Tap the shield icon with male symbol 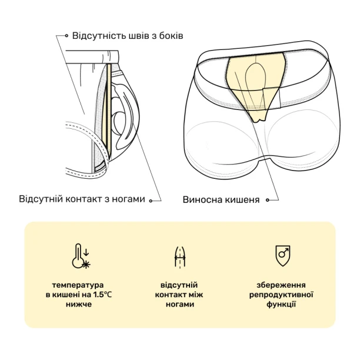tap(282, 256)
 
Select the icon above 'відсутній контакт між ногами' tap(180, 256)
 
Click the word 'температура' tap(78, 285)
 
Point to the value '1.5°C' tap(102, 295)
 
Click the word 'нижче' tap(78, 304)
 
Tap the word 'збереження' tap(281, 285)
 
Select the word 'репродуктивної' tap(281, 295)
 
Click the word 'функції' tap(281, 304)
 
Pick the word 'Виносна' tap(202, 199)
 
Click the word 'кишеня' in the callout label tap(242, 200)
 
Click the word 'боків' tap(171, 36)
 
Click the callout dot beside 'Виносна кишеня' tap(267, 200)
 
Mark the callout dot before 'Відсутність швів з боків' tap(66, 35)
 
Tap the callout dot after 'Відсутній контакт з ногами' tap(151, 201)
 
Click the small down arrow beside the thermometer tap(86, 252)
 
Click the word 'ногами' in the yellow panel tap(179, 304)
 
